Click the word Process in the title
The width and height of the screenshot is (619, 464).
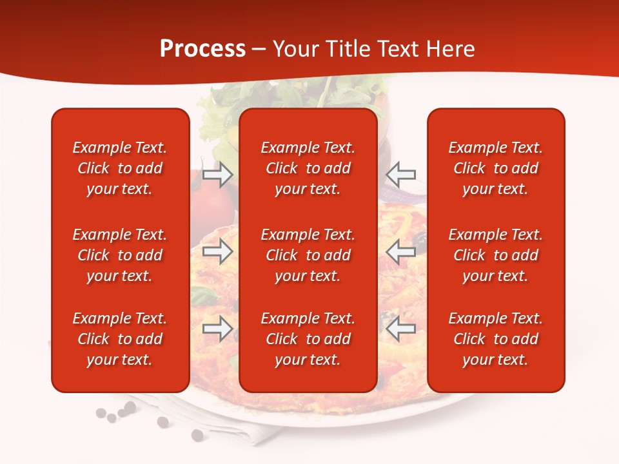coord(202,49)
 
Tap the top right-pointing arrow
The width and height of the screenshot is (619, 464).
coord(217,175)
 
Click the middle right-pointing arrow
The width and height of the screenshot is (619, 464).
coord(217,251)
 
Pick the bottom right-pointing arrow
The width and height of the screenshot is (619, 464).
coord(217,329)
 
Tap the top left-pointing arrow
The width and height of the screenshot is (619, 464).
coord(400,175)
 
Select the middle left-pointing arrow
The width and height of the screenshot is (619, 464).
coord(400,251)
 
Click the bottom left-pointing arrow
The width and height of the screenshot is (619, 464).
coord(400,329)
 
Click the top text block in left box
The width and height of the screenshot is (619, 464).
coord(120,168)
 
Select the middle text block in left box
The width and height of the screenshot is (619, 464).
coord(120,255)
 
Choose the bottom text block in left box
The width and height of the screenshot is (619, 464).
coord(120,339)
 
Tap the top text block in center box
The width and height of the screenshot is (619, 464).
coord(308,168)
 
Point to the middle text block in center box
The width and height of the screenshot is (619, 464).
coord(308,255)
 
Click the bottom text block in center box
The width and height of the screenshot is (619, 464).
coord(308,339)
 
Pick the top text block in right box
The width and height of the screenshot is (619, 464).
coord(495,168)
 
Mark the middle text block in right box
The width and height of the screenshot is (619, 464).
coord(495,255)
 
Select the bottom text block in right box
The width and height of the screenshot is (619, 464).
coord(495,339)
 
